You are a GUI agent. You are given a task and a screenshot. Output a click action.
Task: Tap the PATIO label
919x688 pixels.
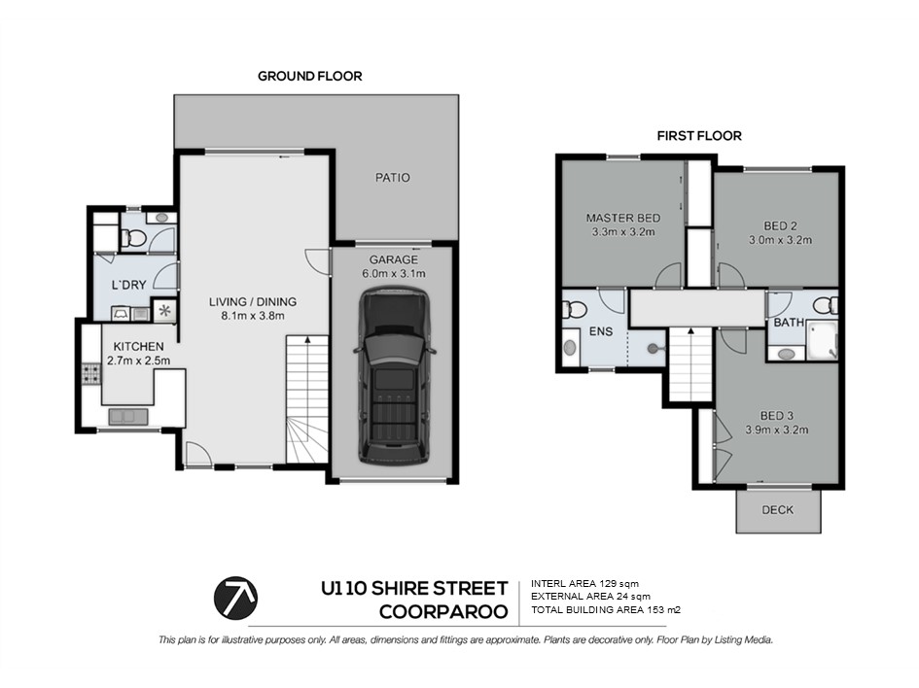point(393,178)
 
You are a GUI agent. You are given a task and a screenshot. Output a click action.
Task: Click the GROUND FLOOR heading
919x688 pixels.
point(310,76)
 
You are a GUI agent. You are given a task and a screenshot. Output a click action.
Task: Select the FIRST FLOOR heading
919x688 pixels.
point(699,136)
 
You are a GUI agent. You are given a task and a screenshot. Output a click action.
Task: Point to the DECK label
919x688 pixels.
point(778,510)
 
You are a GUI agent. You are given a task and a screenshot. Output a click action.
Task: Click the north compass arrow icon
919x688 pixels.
point(235,598)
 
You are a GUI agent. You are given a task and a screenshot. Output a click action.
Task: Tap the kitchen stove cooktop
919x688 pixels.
point(90,373)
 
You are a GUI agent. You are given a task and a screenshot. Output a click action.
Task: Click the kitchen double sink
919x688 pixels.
point(128,417)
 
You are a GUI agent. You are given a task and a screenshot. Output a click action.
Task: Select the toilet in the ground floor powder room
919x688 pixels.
point(133,238)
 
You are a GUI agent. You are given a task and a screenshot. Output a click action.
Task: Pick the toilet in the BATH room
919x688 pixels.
point(829,305)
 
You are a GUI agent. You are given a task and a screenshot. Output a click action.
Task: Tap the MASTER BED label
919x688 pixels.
point(623,218)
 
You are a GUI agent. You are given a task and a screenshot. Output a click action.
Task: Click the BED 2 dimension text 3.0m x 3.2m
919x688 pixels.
point(780,239)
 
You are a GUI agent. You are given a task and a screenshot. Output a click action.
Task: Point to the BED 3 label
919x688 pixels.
point(777,416)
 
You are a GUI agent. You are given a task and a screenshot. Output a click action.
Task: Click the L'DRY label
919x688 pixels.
point(129,285)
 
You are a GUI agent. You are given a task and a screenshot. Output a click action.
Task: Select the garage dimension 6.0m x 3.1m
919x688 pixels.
point(394,273)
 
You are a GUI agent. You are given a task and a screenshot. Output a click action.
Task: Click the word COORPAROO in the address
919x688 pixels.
point(443,612)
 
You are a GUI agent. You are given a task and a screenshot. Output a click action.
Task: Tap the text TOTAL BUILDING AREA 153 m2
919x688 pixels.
point(606,610)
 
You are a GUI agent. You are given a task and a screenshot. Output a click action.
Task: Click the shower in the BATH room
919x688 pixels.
point(823,340)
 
